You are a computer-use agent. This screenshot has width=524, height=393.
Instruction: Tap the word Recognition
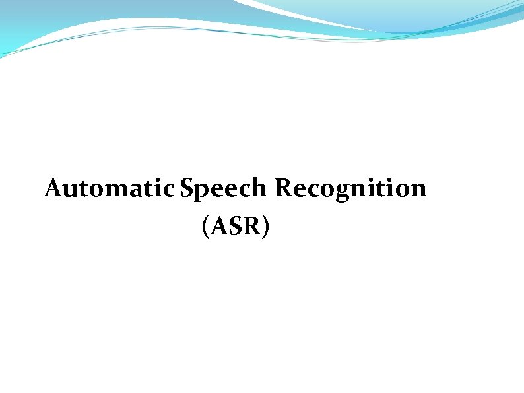click(351, 190)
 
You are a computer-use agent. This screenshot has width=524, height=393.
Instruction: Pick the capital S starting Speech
click(187, 189)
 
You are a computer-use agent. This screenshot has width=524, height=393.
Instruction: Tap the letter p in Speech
click(203, 192)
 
